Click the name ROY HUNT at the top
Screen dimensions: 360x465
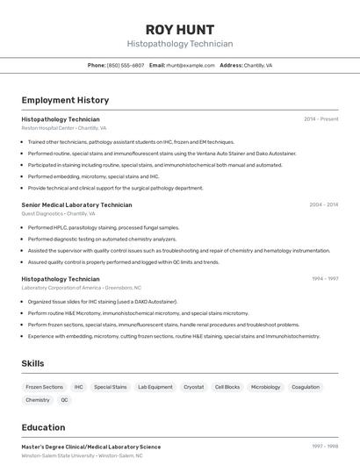click(x=180, y=30)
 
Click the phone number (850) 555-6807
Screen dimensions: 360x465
click(x=126, y=65)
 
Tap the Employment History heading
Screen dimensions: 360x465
click(x=65, y=100)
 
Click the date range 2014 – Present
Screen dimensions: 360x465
click(x=320, y=118)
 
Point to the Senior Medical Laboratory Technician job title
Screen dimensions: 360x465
click(x=76, y=204)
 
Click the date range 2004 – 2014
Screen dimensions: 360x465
click(x=323, y=204)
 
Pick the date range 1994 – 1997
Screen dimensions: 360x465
click(x=325, y=278)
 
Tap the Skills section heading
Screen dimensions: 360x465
click(x=32, y=363)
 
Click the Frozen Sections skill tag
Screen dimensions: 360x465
click(x=44, y=387)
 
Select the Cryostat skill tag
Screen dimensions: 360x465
click(x=193, y=387)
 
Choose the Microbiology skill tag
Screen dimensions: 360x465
click(x=265, y=387)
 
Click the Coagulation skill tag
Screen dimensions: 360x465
click(x=306, y=387)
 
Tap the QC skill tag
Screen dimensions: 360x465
click(x=64, y=400)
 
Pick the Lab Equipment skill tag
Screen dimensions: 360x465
click(x=155, y=387)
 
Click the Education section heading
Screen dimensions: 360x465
click(x=43, y=427)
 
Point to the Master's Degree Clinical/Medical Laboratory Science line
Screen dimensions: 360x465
click(x=91, y=447)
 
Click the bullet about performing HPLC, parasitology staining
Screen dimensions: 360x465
click(x=103, y=227)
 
